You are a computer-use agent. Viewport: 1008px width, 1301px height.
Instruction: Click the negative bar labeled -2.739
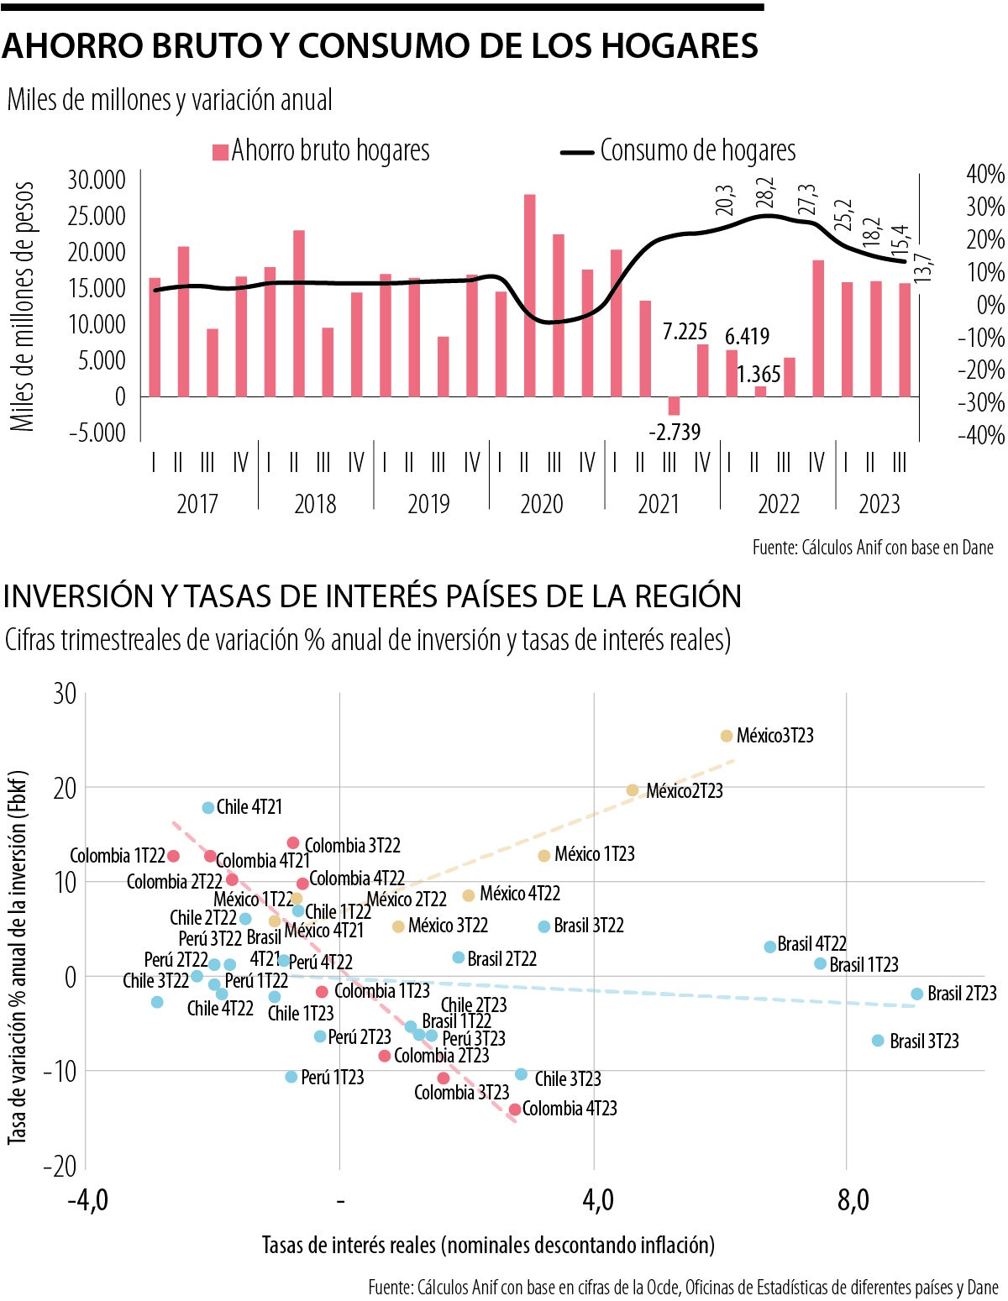(674, 406)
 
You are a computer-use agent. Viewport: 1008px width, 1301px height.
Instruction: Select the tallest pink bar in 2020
(529, 295)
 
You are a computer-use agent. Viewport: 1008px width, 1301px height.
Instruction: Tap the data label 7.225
(685, 332)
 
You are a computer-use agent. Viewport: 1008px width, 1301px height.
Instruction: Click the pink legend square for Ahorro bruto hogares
(220, 152)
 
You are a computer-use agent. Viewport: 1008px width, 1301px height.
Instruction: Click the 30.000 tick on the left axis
(97, 180)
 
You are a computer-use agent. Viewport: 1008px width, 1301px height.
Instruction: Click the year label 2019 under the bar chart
(428, 504)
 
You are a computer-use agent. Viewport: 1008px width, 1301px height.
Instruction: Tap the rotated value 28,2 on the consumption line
(764, 193)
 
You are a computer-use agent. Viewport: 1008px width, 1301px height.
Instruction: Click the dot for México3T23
(727, 736)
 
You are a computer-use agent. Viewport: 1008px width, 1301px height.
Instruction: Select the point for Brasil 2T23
(916, 994)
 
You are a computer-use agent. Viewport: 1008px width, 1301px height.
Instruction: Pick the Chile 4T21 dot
(208, 807)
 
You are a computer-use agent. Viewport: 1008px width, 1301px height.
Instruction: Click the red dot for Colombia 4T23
(515, 1110)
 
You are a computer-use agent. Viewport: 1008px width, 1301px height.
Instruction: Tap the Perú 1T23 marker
(291, 1077)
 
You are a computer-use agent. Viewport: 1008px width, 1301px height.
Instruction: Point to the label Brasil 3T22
(588, 926)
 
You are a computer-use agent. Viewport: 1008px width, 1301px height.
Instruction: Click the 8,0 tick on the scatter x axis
(852, 1201)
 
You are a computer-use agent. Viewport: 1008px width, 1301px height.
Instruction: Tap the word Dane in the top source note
(978, 548)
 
